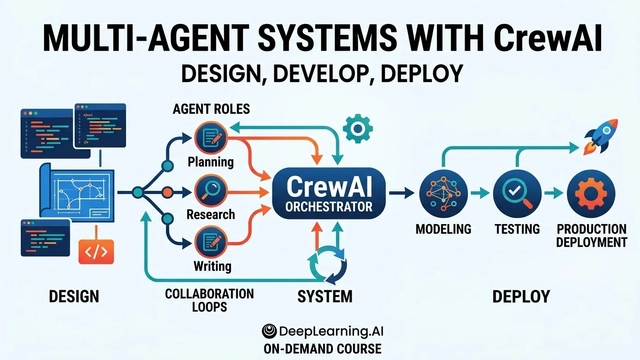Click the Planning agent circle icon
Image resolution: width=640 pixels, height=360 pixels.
pyautogui.click(x=211, y=136)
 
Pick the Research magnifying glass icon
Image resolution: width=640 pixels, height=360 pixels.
pyautogui.click(x=211, y=188)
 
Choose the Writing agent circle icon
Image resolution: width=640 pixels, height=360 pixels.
pyautogui.click(x=211, y=241)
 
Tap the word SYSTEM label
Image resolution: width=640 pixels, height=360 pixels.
pyautogui.click(x=325, y=297)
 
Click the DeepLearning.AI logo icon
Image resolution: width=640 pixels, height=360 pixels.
pyautogui.click(x=269, y=330)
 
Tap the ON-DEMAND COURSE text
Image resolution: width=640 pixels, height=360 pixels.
pyautogui.click(x=320, y=348)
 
